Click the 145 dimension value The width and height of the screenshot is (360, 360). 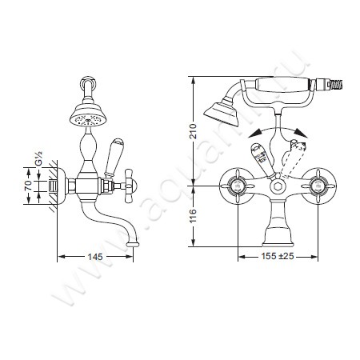[x=95, y=257]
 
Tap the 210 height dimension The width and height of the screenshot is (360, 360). [x=194, y=131]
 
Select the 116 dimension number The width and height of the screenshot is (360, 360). [x=194, y=216]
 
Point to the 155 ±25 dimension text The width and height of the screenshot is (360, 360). [x=278, y=256]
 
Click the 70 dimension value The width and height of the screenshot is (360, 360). [x=29, y=186]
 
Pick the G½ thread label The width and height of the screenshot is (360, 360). [x=38, y=159]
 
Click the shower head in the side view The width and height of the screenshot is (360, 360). [x=88, y=116]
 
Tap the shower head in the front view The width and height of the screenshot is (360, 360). [x=222, y=113]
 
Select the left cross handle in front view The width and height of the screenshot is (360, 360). [x=237, y=186]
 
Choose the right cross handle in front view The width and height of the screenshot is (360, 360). [x=318, y=186]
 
